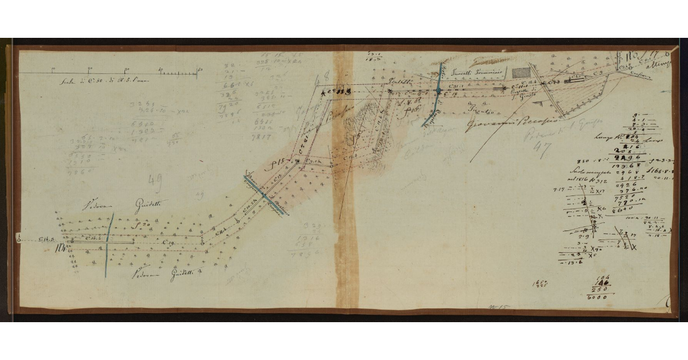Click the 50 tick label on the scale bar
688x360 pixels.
(200, 70)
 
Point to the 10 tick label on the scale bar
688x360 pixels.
(53, 70)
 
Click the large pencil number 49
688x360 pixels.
(155, 182)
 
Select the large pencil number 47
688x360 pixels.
(541, 148)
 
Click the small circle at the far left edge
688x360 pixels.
(19, 240)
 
